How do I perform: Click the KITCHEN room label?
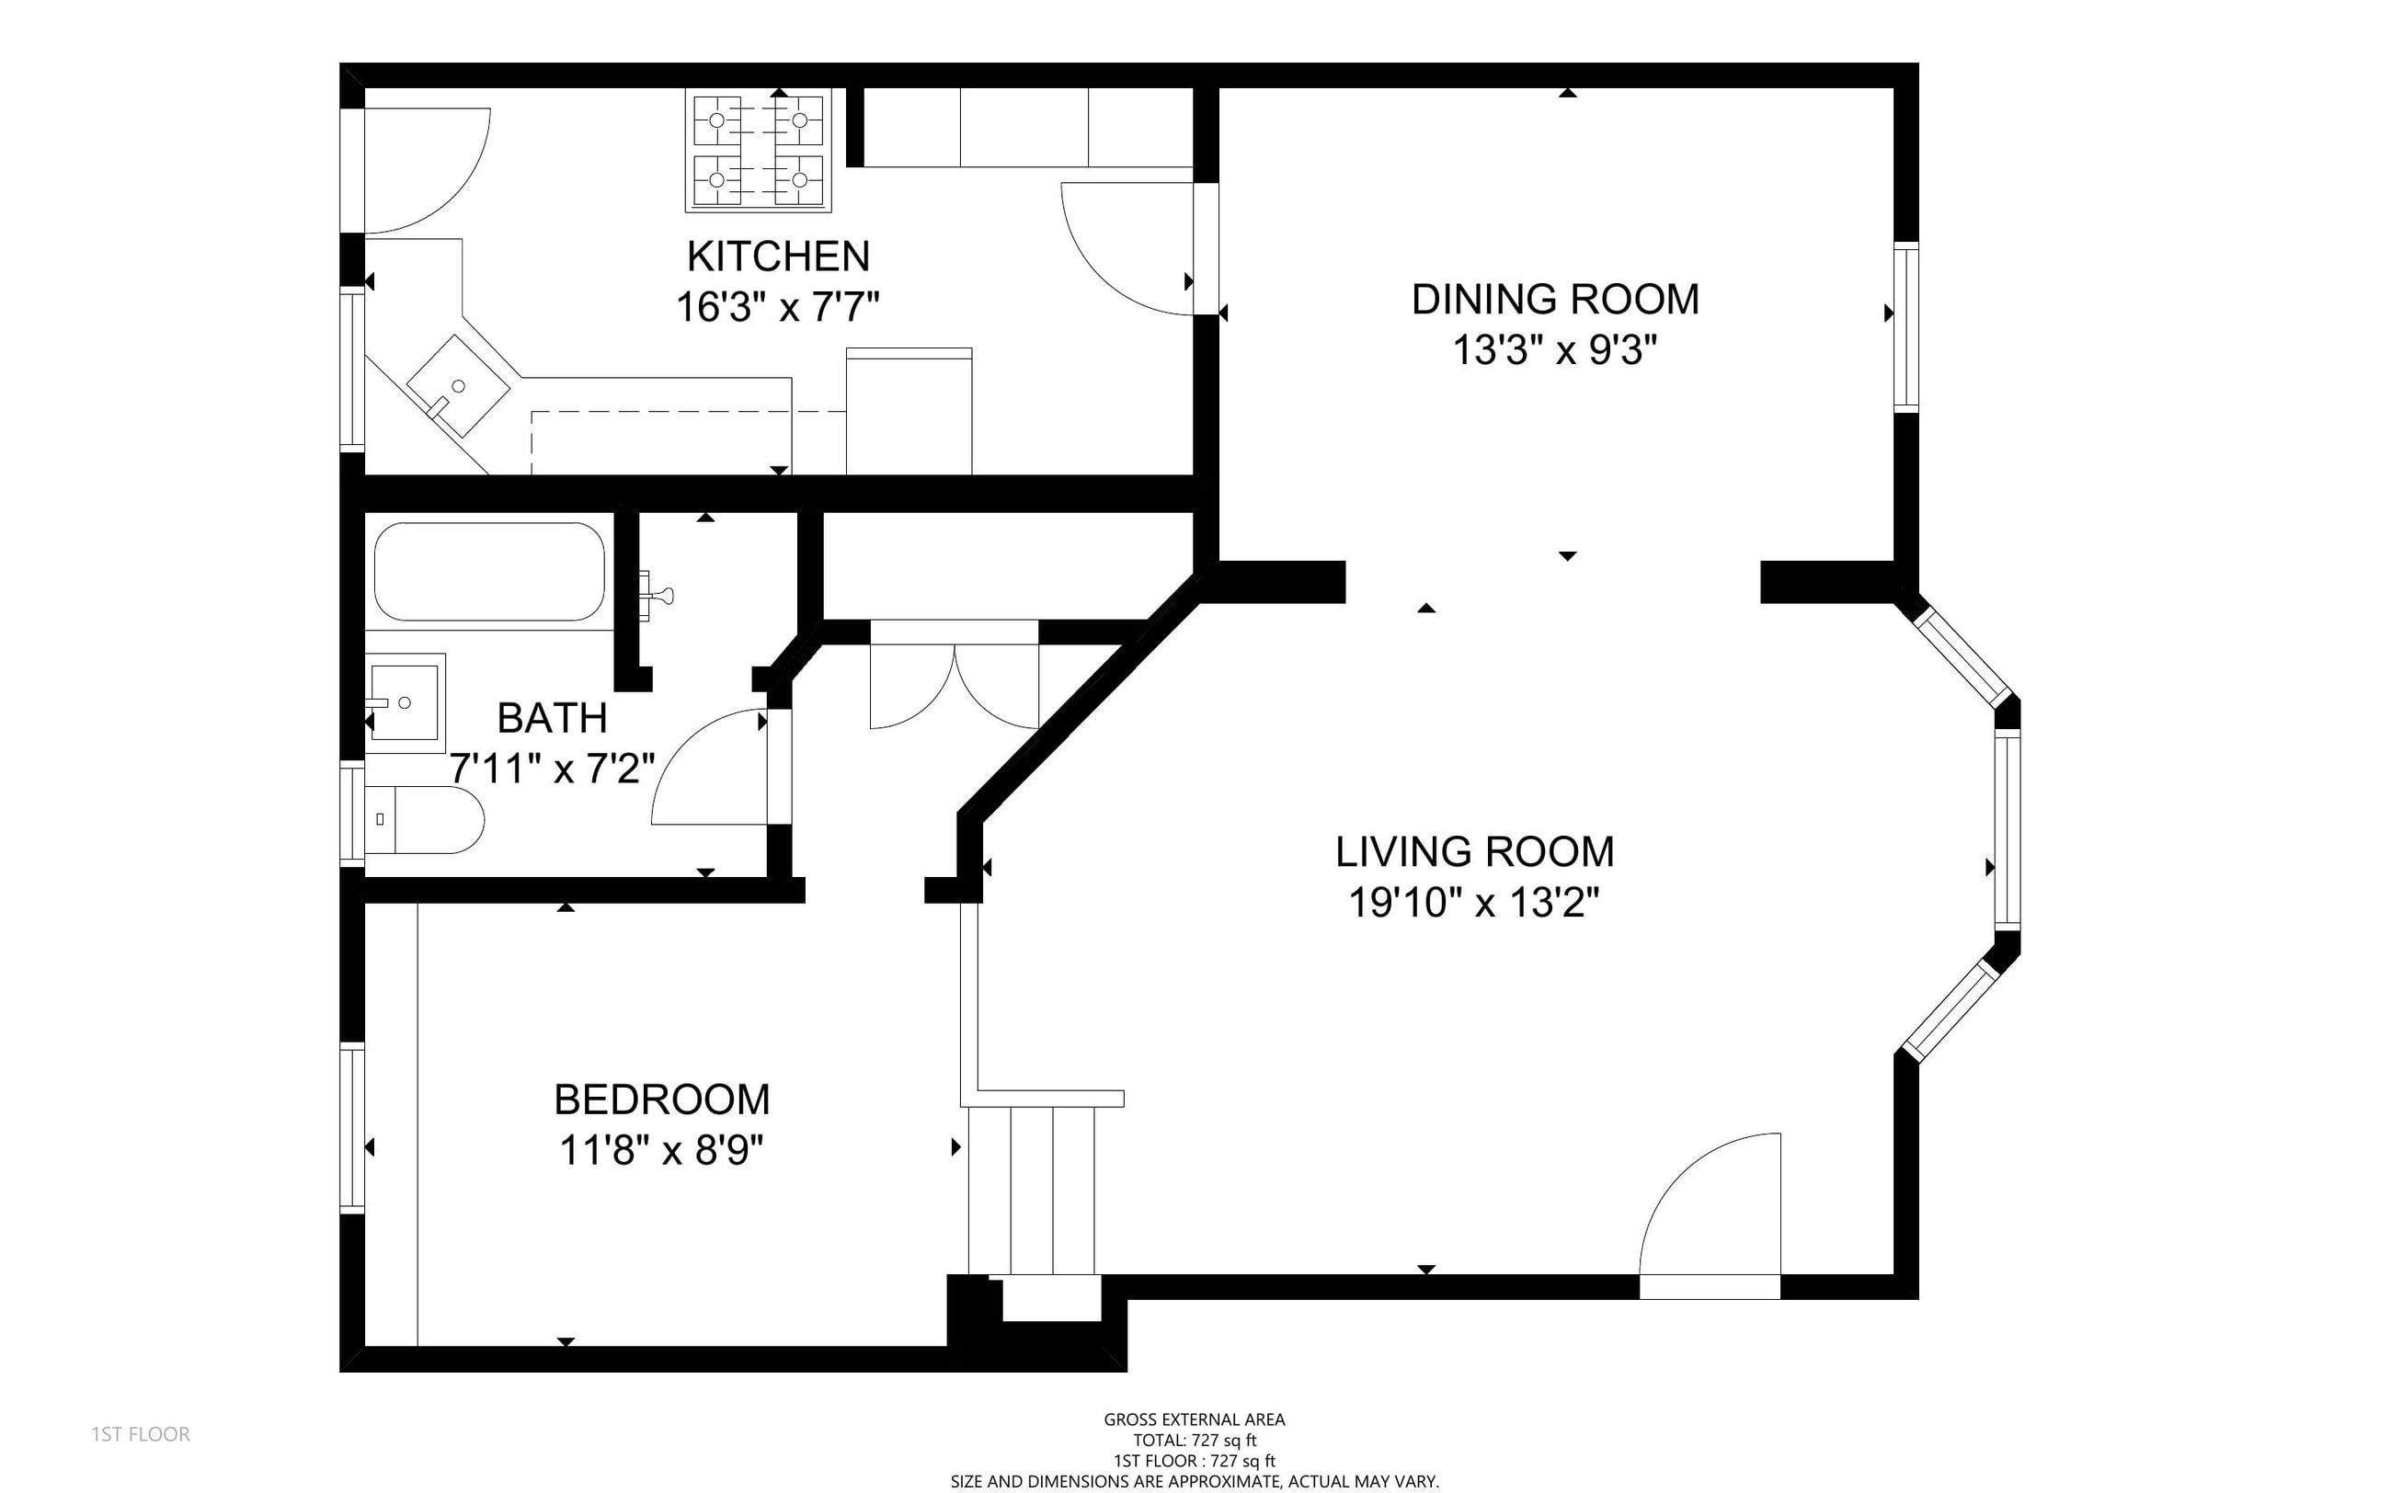click(778, 256)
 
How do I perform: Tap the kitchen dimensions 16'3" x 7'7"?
click(777, 307)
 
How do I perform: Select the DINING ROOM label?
click(1555, 299)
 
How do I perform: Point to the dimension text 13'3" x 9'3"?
click(1554, 349)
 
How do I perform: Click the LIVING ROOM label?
click(1474, 851)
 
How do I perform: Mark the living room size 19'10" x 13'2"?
click(1473, 902)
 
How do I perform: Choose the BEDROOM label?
click(662, 1099)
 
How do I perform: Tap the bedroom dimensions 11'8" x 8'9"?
click(662, 1149)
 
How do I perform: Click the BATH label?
click(552, 718)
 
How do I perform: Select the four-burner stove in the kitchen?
click(759, 151)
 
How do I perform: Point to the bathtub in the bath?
click(490, 571)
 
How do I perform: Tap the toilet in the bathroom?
click(426, 819)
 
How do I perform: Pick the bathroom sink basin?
click(404, 702)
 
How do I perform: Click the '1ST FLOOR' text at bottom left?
click(142, 1434)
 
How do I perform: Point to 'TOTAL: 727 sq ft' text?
click(1194, 1441)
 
